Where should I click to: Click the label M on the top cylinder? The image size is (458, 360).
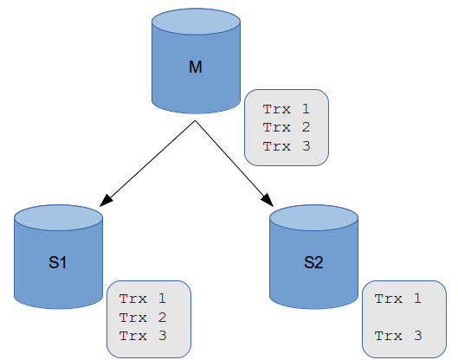coord(195,67)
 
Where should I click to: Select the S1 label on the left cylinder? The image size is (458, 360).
coord(59,264)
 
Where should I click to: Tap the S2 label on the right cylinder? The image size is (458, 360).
coord(313,264)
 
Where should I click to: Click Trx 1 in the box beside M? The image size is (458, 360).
coord(285,109)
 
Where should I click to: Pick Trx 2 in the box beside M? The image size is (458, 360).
coord(285,127)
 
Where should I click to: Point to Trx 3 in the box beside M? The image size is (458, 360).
coord(285,145)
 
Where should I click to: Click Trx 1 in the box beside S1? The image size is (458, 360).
coord(142,299)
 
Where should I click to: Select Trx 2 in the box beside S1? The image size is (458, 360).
coord(142,317)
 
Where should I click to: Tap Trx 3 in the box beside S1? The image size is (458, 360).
coord(142,335)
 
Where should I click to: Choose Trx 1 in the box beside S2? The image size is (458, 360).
coord(397,299)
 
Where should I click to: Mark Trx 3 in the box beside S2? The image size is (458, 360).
coord(397,335)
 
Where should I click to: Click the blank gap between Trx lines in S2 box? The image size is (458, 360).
coord(397,317)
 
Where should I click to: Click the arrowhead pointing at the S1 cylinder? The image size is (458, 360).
coord(106,200)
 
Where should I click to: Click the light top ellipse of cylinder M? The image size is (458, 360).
coord(195,21)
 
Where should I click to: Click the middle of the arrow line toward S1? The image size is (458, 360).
coord(151,162)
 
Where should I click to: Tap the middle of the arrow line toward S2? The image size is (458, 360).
coord(234,162)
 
